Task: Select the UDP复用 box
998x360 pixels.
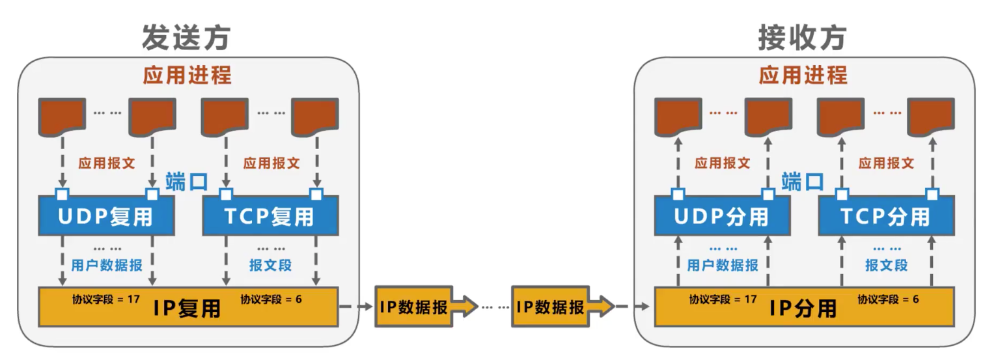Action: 106,215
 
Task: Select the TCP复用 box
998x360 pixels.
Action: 270,215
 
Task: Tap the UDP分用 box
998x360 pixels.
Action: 721,215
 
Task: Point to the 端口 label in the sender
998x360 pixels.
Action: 187,182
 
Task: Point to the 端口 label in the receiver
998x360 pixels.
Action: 803,182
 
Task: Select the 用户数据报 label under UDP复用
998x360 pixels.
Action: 106,265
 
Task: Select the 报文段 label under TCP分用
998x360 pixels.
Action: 886,265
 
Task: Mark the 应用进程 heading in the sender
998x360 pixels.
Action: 187,75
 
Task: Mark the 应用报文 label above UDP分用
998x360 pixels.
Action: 722,163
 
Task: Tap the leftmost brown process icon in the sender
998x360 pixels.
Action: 62,116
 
